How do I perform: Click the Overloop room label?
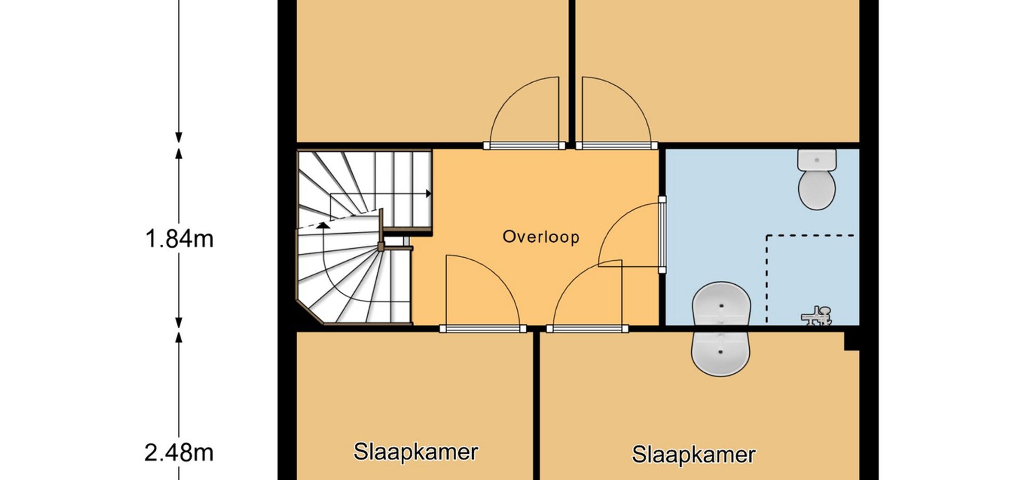tap(541, 237)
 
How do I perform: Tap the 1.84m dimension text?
tap(179, 238)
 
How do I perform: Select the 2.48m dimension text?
tap(179, 453)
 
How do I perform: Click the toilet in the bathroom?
tap(817, 179)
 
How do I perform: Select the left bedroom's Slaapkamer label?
tap(416, 452)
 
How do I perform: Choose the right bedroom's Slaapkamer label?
tap(694, 454)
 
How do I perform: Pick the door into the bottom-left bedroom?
tap(482, 292)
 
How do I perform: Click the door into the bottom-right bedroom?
tap(587, 294)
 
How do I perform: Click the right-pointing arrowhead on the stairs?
tap(428, 194)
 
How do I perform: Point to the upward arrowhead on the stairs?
tap(323, 225)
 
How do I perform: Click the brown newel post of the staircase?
tap(381, 246)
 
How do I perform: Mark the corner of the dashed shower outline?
tap(767, 235)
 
